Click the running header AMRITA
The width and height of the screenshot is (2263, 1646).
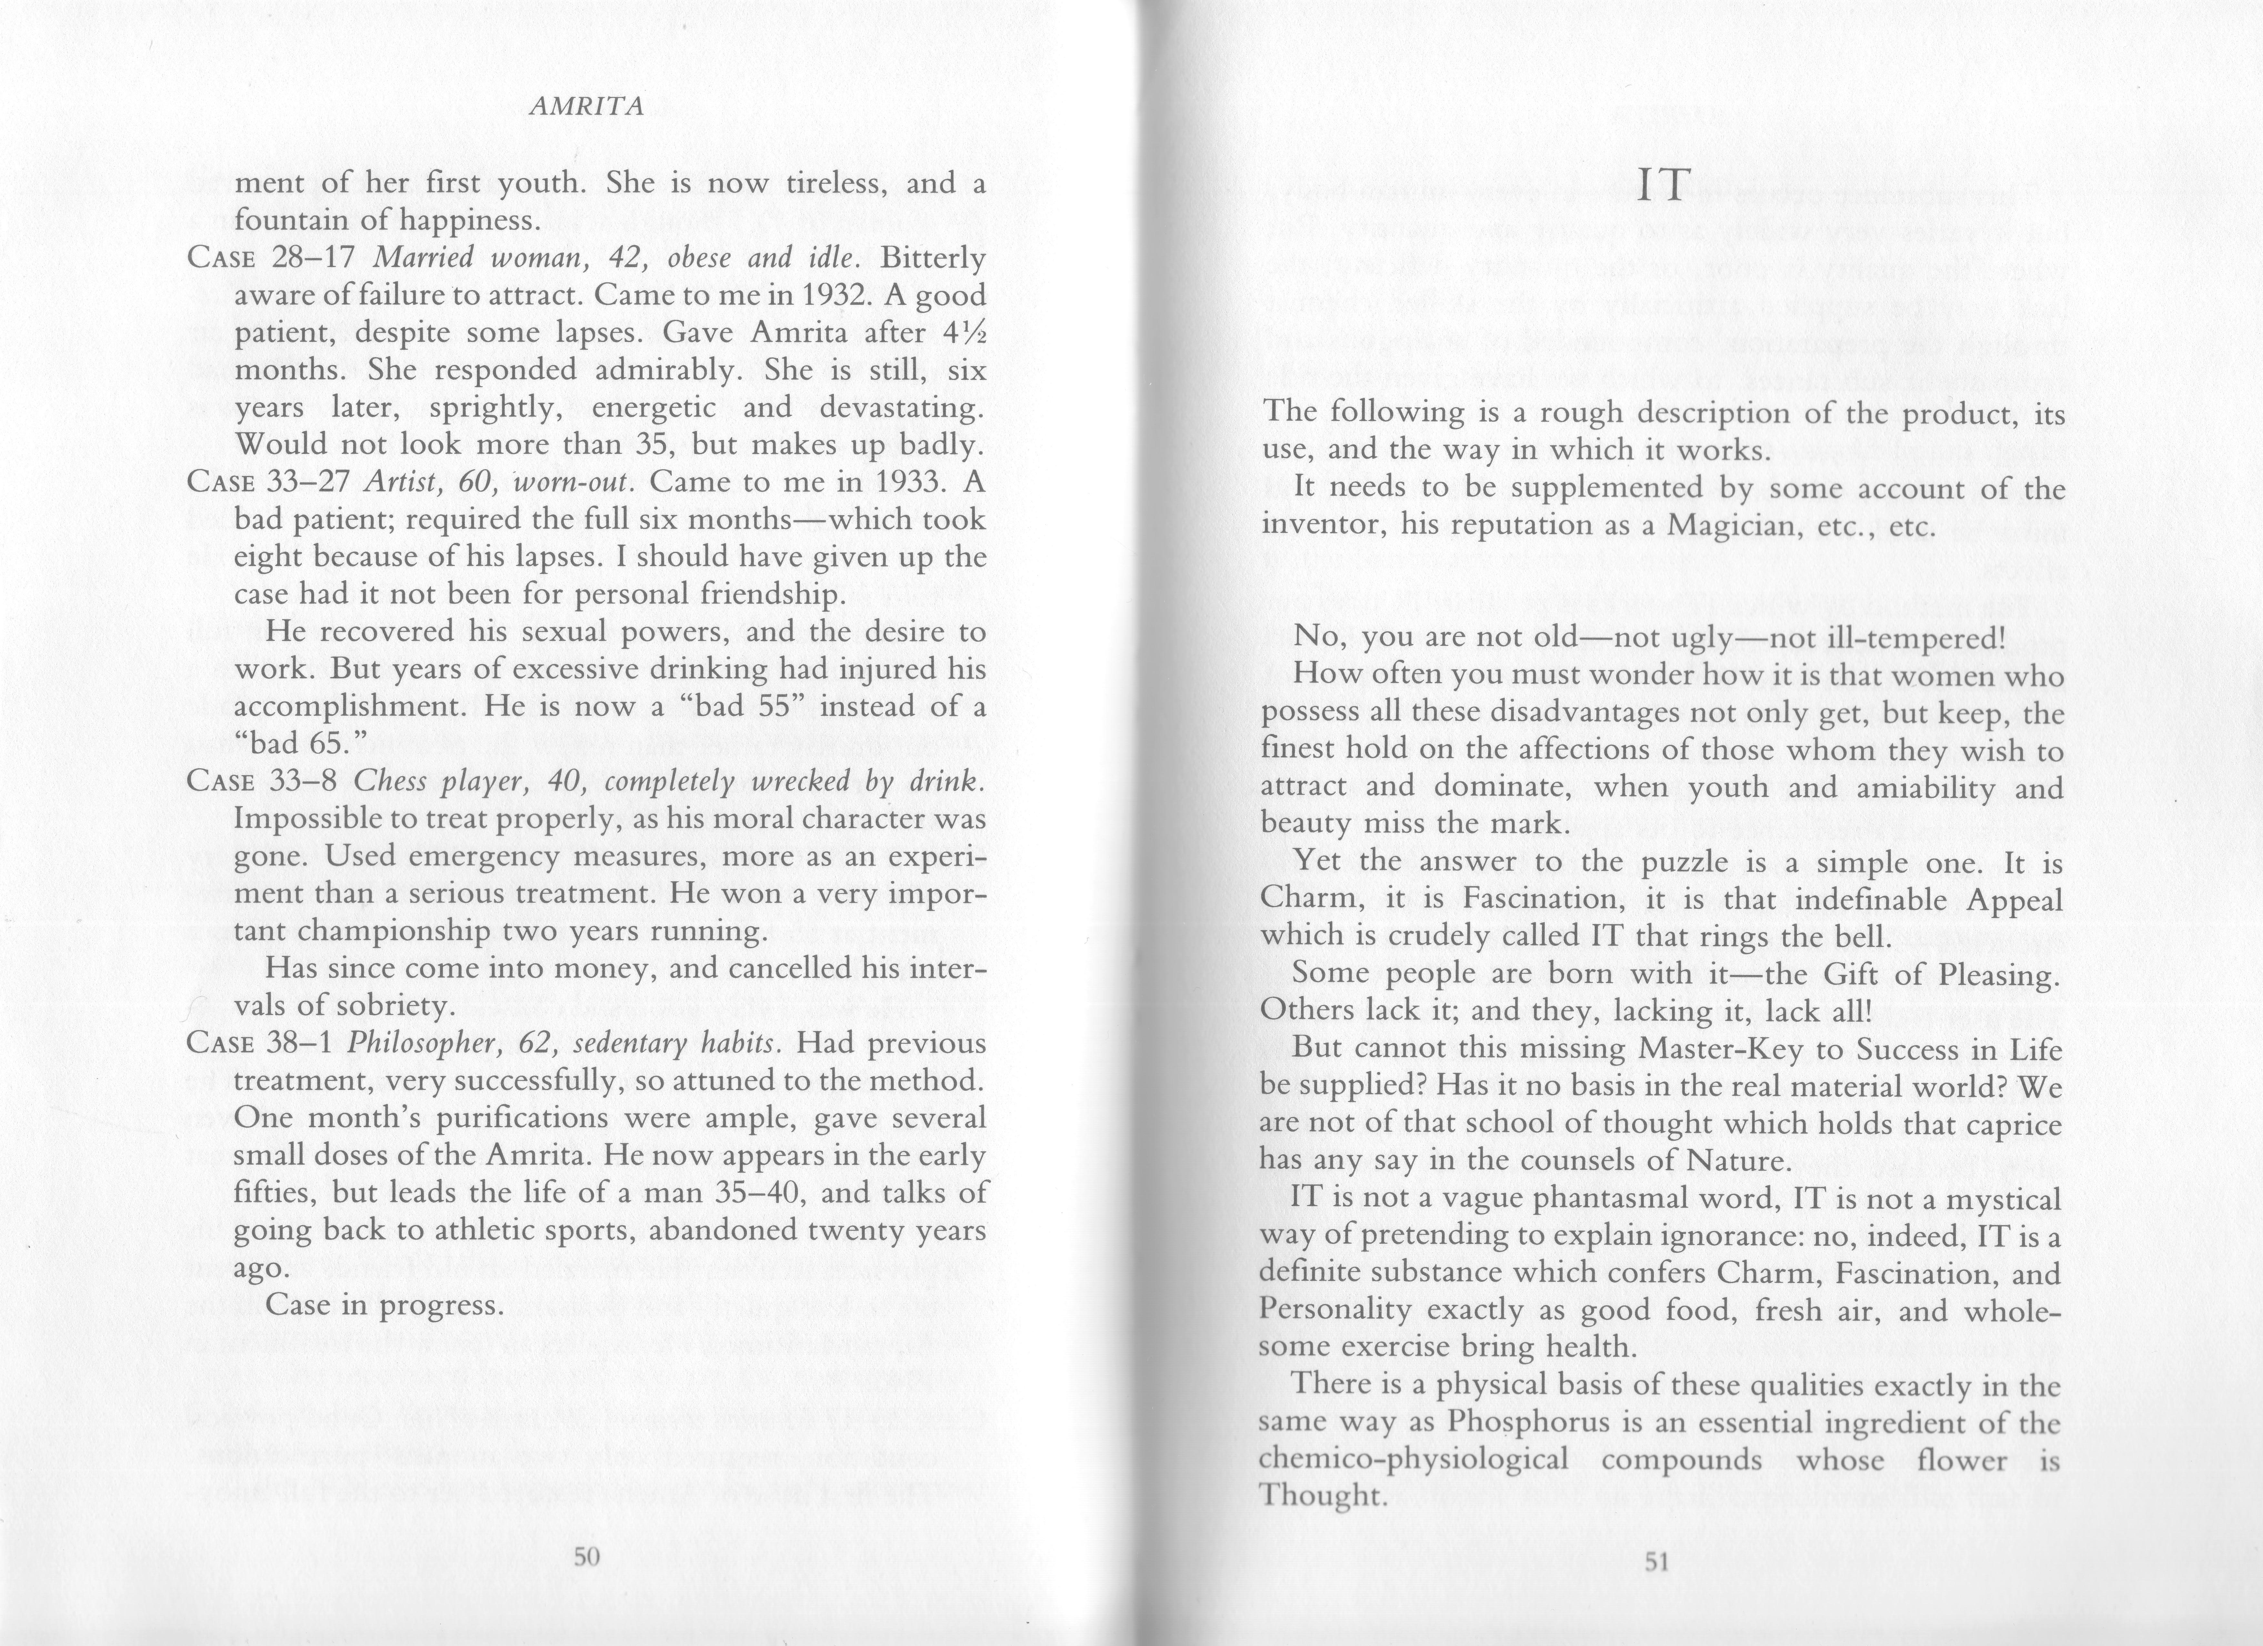tap(586, 108)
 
